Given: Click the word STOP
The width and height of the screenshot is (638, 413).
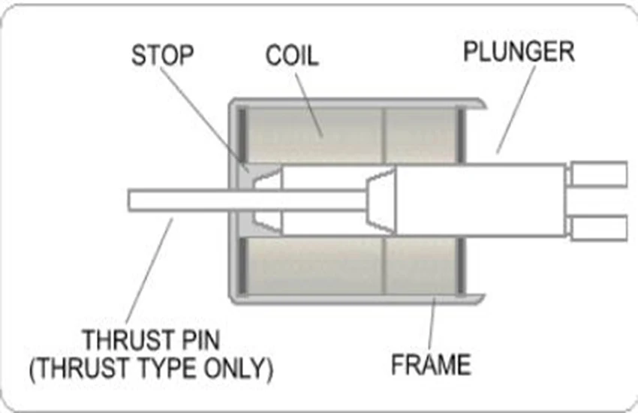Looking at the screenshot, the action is point(162,56).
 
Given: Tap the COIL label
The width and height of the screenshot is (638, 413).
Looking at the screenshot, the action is point(292,56).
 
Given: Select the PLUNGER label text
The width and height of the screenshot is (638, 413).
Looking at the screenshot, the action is point(519,51).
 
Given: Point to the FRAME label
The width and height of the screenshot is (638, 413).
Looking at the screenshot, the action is point(431,364).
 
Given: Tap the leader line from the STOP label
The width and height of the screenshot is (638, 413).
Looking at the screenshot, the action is point(204,119).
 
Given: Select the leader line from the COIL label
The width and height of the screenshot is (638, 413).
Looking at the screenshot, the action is point(308,106).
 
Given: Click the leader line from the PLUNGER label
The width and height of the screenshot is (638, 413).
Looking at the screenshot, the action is point(516,109).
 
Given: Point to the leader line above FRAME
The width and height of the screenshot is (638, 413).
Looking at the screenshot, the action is point(432,324).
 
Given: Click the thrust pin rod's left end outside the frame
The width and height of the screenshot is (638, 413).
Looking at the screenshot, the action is point(130,200).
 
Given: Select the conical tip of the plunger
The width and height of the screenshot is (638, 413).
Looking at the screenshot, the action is point(381,200).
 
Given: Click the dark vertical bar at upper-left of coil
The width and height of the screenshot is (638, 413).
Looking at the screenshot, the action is point(242,134).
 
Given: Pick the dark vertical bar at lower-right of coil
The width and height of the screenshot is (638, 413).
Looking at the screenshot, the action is point(461,266).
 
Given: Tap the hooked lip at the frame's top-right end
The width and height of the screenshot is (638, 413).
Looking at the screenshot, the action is point(475,104).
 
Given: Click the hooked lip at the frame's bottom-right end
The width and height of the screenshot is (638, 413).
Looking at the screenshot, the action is point(475,298).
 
